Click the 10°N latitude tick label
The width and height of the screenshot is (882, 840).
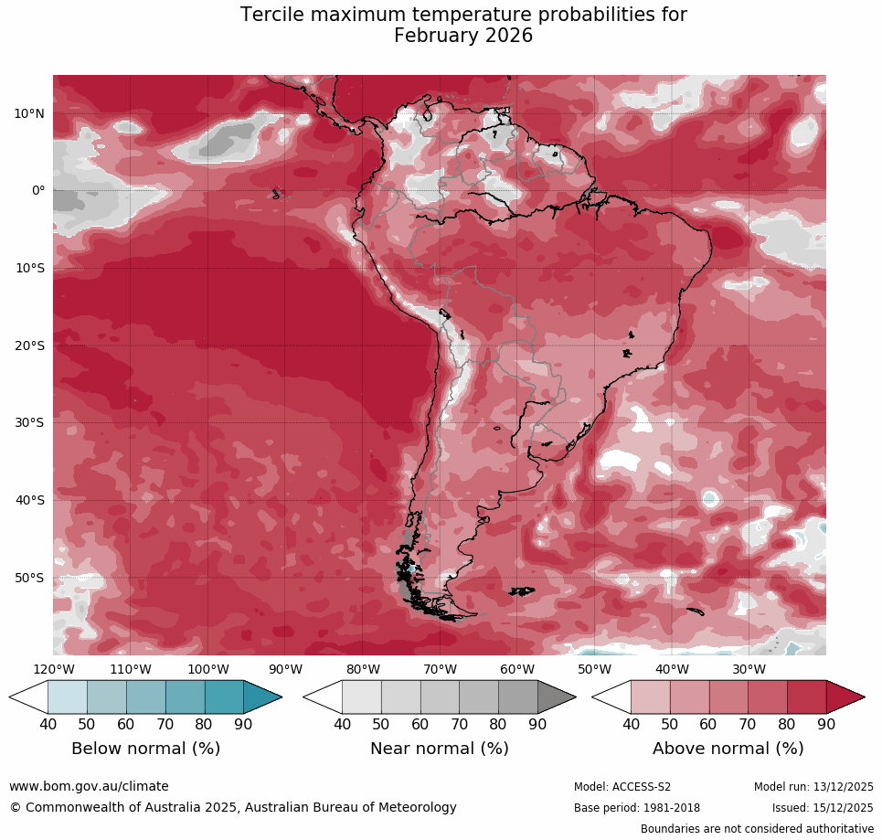(29, 113)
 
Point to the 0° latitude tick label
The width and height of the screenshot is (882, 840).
(37, 190)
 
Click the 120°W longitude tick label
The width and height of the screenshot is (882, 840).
(53, 668)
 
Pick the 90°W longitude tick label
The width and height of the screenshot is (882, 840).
(285, 668)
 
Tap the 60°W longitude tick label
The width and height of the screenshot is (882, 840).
(517, 668)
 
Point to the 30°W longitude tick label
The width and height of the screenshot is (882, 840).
(749, 668)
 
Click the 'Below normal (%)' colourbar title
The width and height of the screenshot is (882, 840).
(145, 749)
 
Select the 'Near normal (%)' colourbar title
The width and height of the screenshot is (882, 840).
(439, 749)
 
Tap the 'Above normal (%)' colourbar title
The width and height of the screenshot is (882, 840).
(728, 749)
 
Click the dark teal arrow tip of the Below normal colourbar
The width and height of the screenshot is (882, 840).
(264, 697)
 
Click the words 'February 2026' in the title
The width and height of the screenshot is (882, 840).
(463, 36)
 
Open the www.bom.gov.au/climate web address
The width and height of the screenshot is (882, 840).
(89, 786)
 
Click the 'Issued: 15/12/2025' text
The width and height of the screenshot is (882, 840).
(823, 808)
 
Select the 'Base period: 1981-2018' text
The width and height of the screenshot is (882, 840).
(636, 808)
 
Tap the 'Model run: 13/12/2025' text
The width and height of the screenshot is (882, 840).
(813, 787)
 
